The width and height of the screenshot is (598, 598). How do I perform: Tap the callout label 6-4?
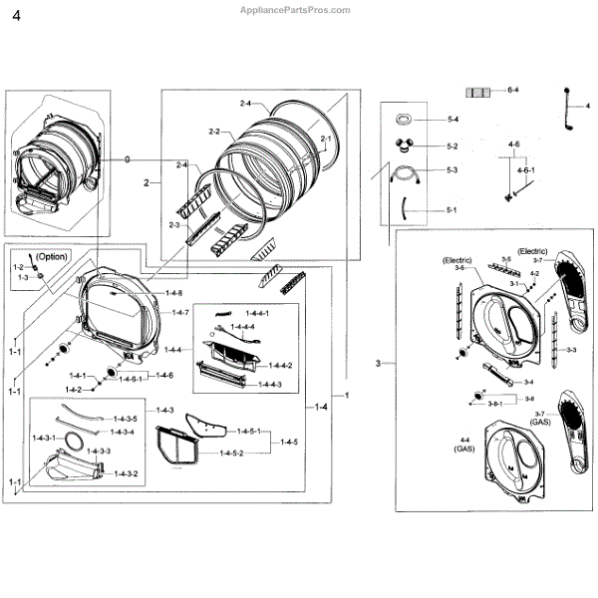(x=514, y=91)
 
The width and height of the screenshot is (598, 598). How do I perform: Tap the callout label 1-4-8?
(x=174, y=292)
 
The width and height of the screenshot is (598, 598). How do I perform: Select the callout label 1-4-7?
(x=179, y=312)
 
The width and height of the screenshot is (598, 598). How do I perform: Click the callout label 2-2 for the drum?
(x=214, y=132)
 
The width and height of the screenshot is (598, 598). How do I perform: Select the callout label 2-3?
(x=174, y=226)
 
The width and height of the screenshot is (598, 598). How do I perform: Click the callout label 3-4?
(x=527, y=382)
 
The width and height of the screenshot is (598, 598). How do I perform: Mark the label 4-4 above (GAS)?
(x=464, y=440)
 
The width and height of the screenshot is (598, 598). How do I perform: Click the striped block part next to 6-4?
(x=482, y=91)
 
